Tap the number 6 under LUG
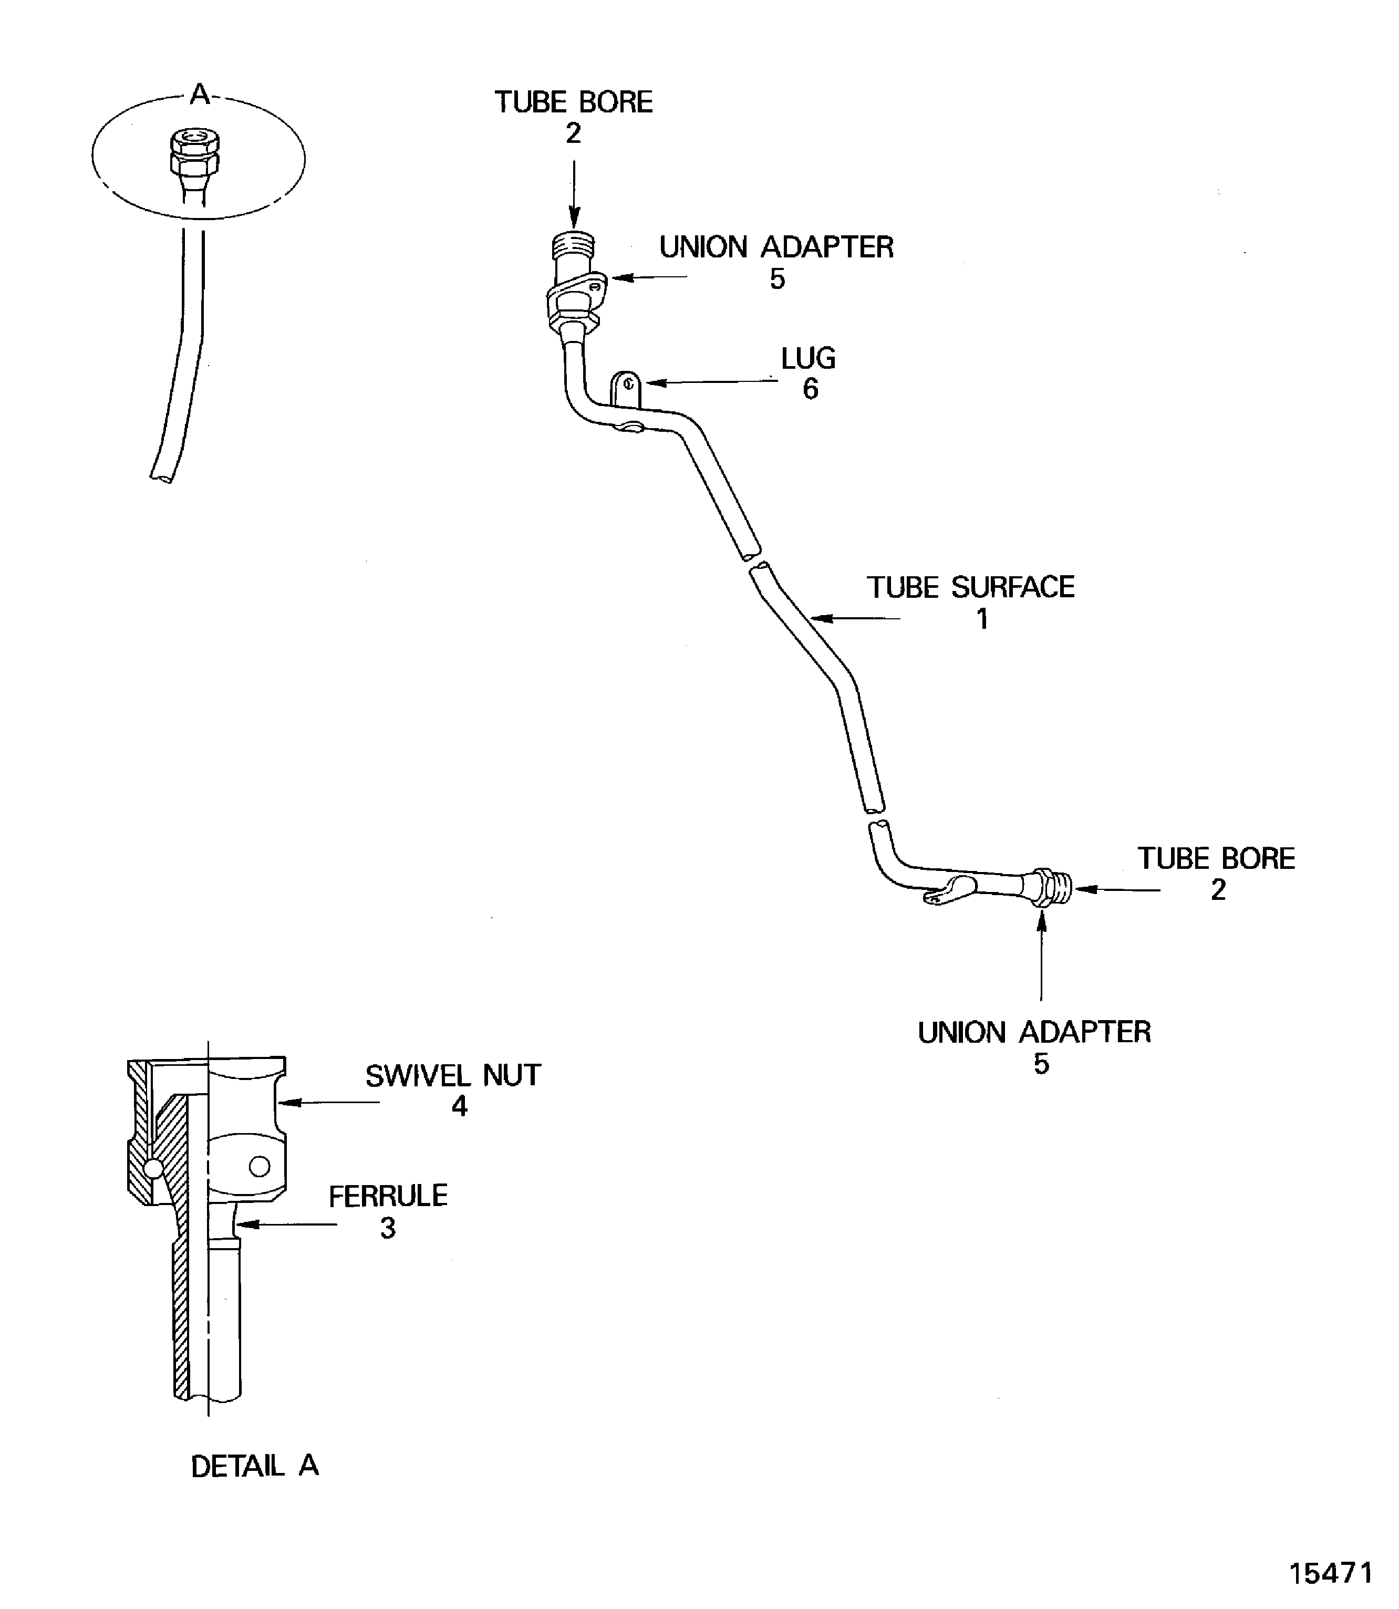click(811, 389)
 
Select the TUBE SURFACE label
click(970, 587)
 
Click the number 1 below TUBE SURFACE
click(982, 619)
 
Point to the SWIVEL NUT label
click(453, 1076)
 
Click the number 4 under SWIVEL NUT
click(459, 1106)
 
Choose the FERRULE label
click(388, 1196)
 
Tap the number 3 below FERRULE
click(388, 1228)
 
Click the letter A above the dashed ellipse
click(200, 95)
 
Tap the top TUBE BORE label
click(574, 102)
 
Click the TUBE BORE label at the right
click(1216, 859)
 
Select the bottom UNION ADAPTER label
click(1034, 1032)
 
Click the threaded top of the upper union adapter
click(574, 245)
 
